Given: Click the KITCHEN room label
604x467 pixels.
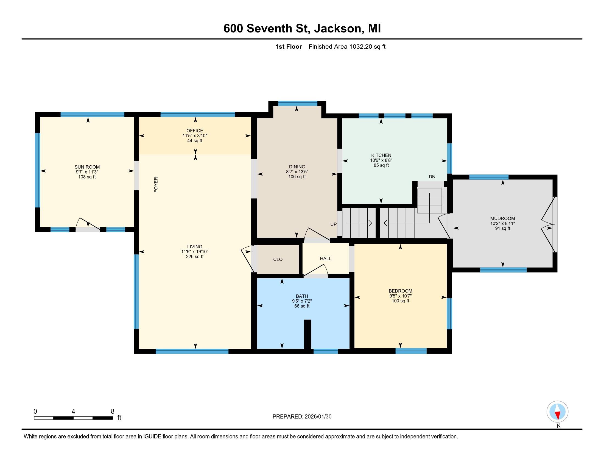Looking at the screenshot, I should point(381,155).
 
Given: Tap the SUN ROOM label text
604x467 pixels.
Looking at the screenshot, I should point(87,167).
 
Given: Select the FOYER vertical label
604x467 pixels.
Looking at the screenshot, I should point(156,185).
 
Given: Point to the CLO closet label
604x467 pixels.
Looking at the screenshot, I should point(278,259).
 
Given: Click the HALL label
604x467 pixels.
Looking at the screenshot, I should point(326,258).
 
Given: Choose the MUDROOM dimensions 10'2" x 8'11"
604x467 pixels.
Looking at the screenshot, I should point(502,223).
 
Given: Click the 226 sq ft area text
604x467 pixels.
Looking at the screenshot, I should point(195,257).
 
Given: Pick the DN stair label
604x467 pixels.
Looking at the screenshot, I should point(432,177).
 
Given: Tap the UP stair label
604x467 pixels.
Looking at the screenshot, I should point(334,224).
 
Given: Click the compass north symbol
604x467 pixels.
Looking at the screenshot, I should point(557,412).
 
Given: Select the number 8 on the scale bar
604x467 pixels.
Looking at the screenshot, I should point(113,412).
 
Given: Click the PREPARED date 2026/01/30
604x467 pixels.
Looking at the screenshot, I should point(302,417).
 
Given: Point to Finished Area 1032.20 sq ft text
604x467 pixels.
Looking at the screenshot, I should point(347,46).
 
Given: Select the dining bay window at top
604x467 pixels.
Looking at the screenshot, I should point(298,104).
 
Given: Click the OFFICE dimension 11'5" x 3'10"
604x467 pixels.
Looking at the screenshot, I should point(195,135).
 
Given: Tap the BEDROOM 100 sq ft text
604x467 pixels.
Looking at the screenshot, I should point(400,301).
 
